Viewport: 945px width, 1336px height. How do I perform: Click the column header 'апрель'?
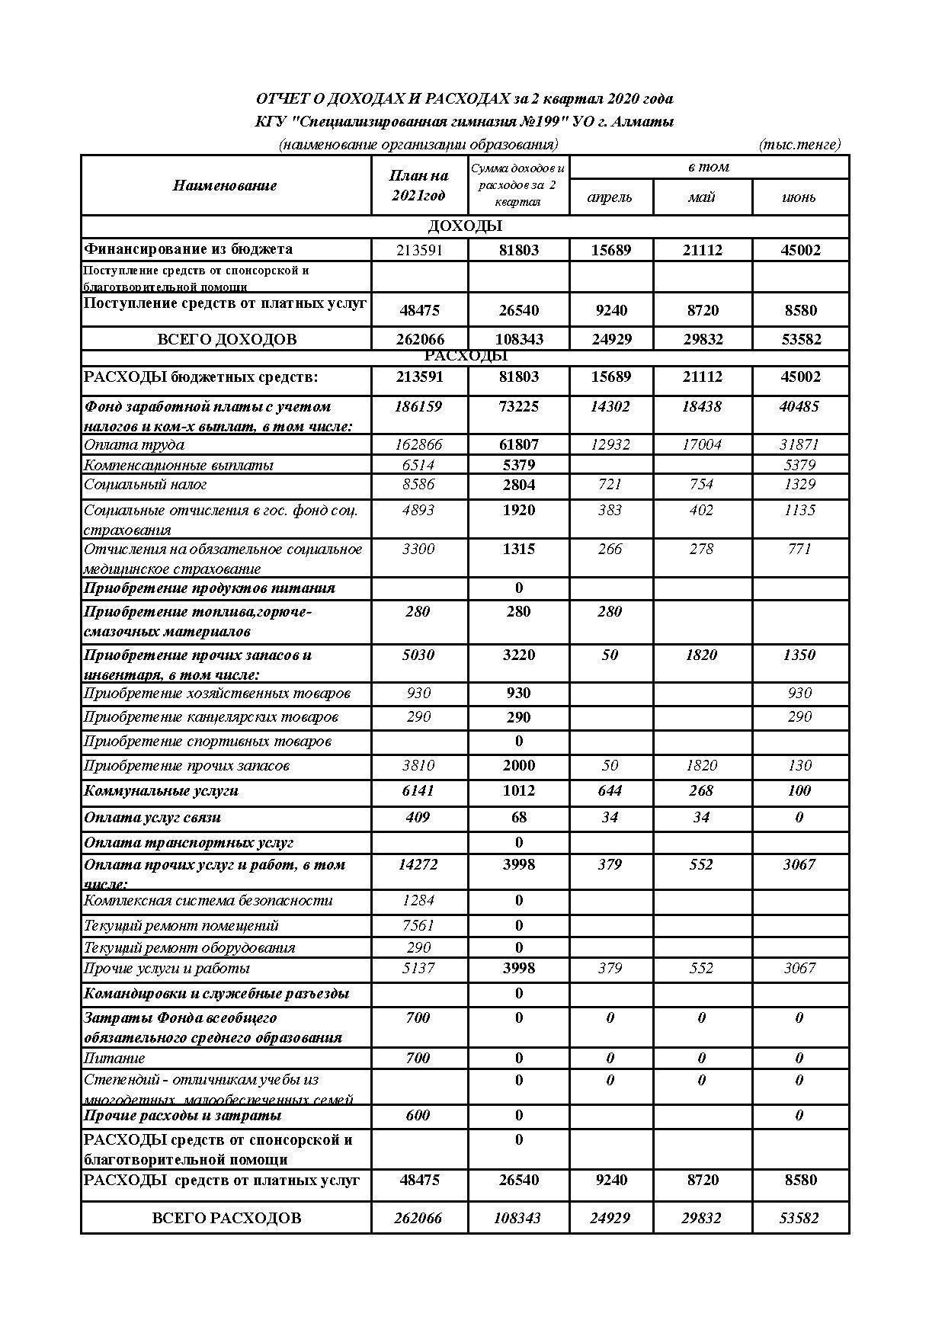click(x=610, y=197)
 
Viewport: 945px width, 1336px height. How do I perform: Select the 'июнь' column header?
click(x=799, y=197)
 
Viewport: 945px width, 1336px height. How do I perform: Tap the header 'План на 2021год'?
click(x=418, y=186)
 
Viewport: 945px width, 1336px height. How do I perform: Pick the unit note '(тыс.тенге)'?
click(x=799, y=144)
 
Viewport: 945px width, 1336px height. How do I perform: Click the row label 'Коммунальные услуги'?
click(x=161, y=791)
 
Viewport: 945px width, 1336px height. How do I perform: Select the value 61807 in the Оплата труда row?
click(x=518, y=444)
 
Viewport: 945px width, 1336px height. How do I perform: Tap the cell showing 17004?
click(x=701, y=444)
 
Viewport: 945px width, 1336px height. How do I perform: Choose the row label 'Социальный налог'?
click(x=145, y=485)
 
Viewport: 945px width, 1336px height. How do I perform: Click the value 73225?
click(x=518, y=407)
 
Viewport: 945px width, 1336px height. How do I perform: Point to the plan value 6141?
click(x=418, y=791)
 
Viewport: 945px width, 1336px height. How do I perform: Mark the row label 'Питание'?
click(x=114, y=1059)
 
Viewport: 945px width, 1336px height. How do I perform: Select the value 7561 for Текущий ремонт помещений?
click(x=418, y=926)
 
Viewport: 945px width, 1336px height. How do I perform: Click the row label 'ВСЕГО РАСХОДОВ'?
click(x=226, y=1218)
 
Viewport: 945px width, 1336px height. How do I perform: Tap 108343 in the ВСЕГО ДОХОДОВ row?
click(x=518, y=339)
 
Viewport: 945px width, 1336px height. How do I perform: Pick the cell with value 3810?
click(x=418, y=766)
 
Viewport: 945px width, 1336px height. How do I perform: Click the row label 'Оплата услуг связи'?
click(x=152, y=818)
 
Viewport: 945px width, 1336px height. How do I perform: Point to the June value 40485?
click(x=799, y=407)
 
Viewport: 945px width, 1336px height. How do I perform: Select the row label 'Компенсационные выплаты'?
click(x=178, y=465)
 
